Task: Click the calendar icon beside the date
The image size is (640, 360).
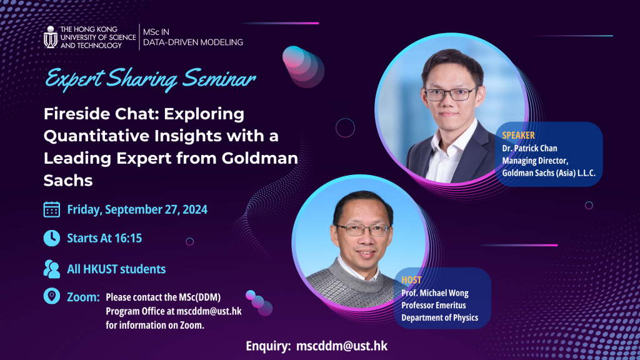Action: (52, 209)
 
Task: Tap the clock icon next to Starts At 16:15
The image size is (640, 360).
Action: (52, 238)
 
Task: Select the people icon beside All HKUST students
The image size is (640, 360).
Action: (52, 269)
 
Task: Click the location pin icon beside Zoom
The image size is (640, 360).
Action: (52, 296)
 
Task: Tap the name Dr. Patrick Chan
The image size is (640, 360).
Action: (529, 148)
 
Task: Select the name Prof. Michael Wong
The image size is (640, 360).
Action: (434, 293)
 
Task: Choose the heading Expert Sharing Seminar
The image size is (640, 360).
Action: (151, 80)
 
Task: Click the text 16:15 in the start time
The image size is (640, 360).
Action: (137, 238)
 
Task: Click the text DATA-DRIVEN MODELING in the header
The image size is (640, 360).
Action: (192, 42)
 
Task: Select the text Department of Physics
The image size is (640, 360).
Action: (439, 317)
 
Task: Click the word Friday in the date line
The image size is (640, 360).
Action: (84, 209)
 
